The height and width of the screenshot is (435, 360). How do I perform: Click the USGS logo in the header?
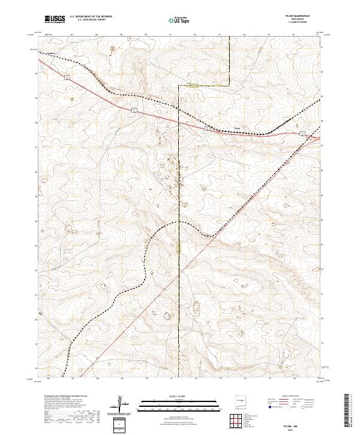pyautogui.click(x=55, y=20)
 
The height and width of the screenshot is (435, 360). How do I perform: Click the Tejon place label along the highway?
pyautogui.click(x=236, y=127)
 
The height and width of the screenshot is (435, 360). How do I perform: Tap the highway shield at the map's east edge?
pyautogui.click(x=302, y=133)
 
